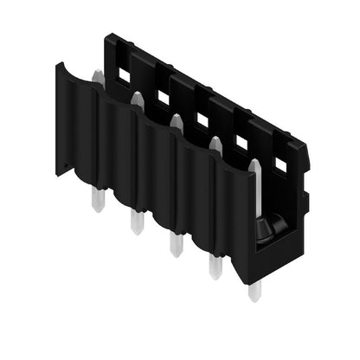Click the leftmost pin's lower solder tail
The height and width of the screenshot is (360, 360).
pos(95,201)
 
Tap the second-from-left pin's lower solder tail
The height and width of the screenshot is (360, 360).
pos(136,222)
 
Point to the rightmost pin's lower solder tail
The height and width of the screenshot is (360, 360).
pos(254,288)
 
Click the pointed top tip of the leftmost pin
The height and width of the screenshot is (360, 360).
pos(97,75)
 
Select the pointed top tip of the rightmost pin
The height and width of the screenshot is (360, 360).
pos(254,164)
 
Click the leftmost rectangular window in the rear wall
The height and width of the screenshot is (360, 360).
pos(124,76)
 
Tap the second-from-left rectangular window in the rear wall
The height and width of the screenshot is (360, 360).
pos(163,97)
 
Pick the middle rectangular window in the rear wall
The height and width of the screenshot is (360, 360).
pos(202,119)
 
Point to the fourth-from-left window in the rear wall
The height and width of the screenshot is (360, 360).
pos(241,140)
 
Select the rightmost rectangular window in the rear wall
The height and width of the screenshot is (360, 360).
pos(280,162)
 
